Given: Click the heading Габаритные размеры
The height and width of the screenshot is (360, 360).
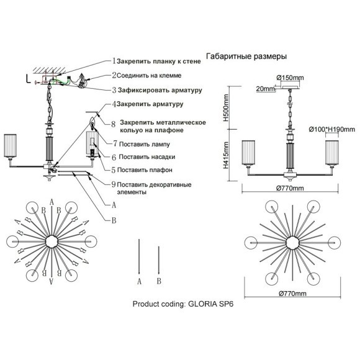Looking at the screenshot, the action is coord(246,56).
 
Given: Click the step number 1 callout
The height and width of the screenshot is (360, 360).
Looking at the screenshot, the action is coord(114,61).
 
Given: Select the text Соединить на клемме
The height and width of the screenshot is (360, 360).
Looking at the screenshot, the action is coord(149,76).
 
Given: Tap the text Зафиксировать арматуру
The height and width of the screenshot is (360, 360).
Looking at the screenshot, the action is coord(160,90).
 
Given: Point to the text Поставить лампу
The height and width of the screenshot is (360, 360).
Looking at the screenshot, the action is coord(145,144).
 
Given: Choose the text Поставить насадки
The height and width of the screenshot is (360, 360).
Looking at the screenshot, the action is coord(147,157).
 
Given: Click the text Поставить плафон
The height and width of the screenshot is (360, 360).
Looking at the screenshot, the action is coord(145,170).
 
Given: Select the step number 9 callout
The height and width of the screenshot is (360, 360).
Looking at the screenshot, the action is coord(114,184).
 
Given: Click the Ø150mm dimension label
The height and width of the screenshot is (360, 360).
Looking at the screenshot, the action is coord(290,78).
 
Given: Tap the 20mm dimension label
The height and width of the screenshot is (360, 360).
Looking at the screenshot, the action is coord(266,89).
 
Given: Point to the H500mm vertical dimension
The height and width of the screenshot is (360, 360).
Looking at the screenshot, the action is coord(226,107).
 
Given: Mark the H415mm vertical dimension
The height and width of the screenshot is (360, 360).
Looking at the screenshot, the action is coord(226,155).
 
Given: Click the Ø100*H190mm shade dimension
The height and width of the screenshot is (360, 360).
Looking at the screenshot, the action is coord(332,130).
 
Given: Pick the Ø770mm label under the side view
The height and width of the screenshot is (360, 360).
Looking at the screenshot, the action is coord(290,188).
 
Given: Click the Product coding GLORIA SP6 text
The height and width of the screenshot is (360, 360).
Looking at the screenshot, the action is coord(183,304).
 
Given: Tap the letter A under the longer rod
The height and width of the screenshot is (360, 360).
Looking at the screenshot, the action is coord(139,281).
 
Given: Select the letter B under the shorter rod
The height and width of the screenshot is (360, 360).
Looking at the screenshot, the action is coord(159,281).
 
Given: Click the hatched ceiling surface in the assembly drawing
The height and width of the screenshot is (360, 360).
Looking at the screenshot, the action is coord(49,70).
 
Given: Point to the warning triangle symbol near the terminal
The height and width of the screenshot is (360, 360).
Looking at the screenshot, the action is coord(81,76).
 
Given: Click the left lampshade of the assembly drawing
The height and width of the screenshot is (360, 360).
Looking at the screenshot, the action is coord(10,146).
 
